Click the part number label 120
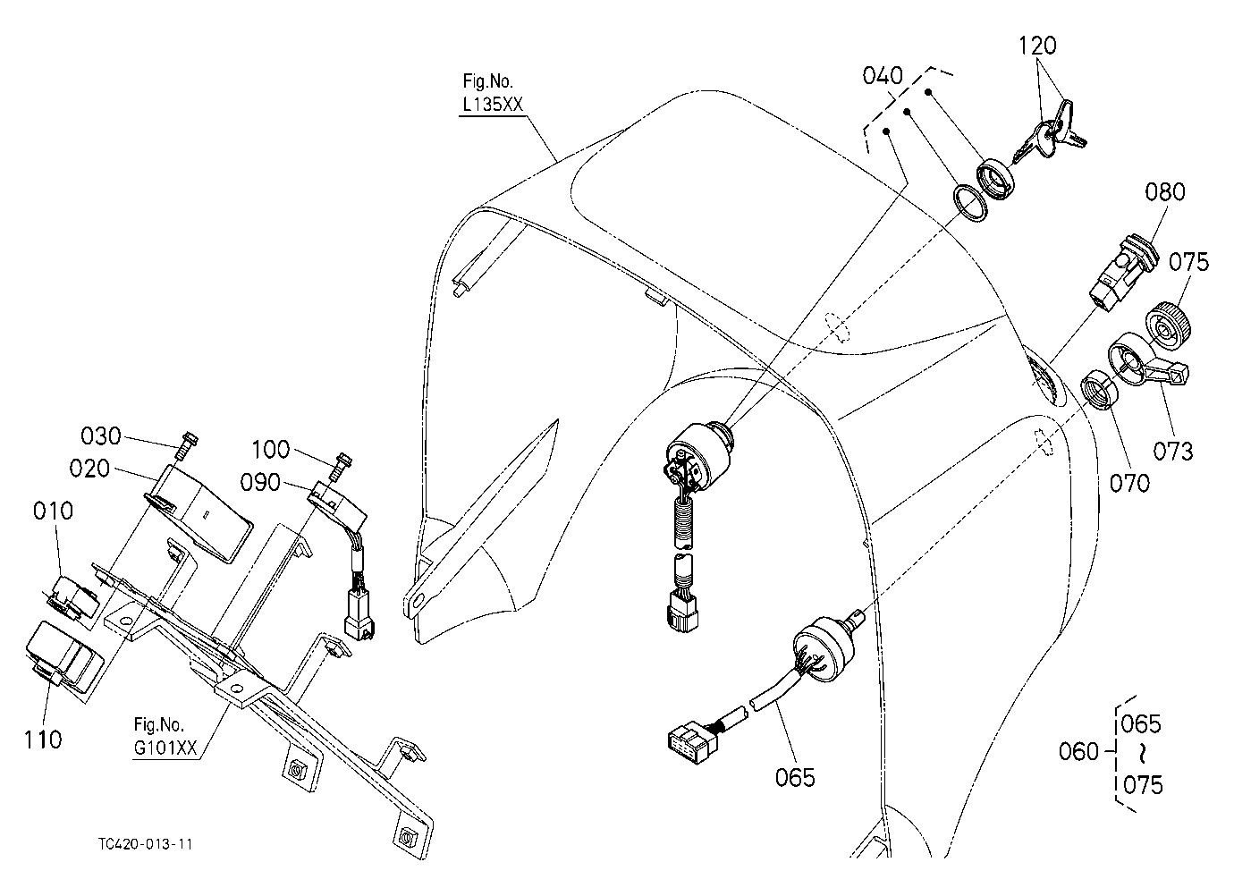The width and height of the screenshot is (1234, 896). [1037, 46]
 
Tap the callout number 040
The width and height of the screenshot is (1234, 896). [883, 75]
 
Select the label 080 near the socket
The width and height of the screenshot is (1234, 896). [1164, 191]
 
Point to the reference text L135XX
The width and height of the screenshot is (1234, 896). [492, 104]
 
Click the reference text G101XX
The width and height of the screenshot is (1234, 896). [165, 748]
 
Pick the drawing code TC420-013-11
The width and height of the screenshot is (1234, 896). [146, 844]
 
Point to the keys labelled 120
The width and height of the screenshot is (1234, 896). [1050, 131]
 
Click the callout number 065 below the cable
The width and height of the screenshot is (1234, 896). [794, 778]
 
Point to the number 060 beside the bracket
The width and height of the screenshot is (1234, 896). [1078, 751]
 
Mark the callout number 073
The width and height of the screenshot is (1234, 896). [1173, 452]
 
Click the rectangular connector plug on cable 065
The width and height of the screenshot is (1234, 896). [692, 743]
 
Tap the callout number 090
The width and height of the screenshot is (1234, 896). [260, 483]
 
